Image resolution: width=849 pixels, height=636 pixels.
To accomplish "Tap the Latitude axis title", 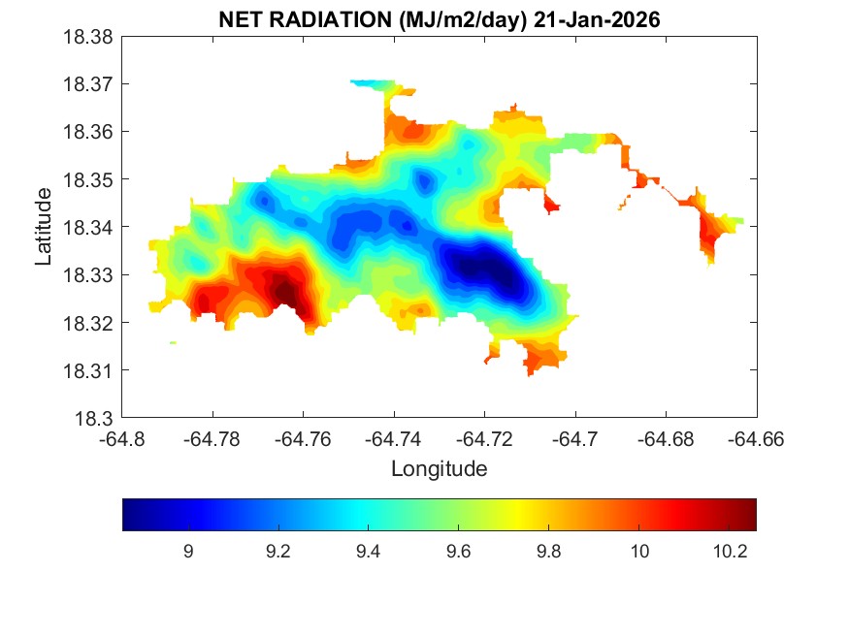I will [44, 227].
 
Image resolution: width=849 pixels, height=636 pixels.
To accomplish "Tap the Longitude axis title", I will [439, 469].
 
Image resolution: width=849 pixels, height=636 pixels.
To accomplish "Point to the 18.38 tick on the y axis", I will [92, 37].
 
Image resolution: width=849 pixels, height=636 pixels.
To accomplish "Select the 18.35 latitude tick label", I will [92, 179].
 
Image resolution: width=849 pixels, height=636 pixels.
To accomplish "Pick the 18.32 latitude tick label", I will [92, 323].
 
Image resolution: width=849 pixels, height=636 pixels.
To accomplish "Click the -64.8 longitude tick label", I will [122, 438].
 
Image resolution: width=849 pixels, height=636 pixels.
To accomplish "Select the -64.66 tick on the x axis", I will [757, 438].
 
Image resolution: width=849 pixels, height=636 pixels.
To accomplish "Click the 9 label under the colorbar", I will [187, 551].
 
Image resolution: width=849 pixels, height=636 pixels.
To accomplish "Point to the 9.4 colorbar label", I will [368, 551].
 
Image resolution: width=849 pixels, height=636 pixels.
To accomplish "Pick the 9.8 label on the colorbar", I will [548, 551].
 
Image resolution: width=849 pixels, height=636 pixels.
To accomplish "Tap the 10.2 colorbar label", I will [729, 551].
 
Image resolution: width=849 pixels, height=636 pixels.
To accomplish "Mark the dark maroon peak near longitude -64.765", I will [283, 290].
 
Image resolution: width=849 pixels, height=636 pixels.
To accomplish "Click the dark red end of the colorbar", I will [749, 515].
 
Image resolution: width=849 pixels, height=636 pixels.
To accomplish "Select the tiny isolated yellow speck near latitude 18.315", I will [173, 342].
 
